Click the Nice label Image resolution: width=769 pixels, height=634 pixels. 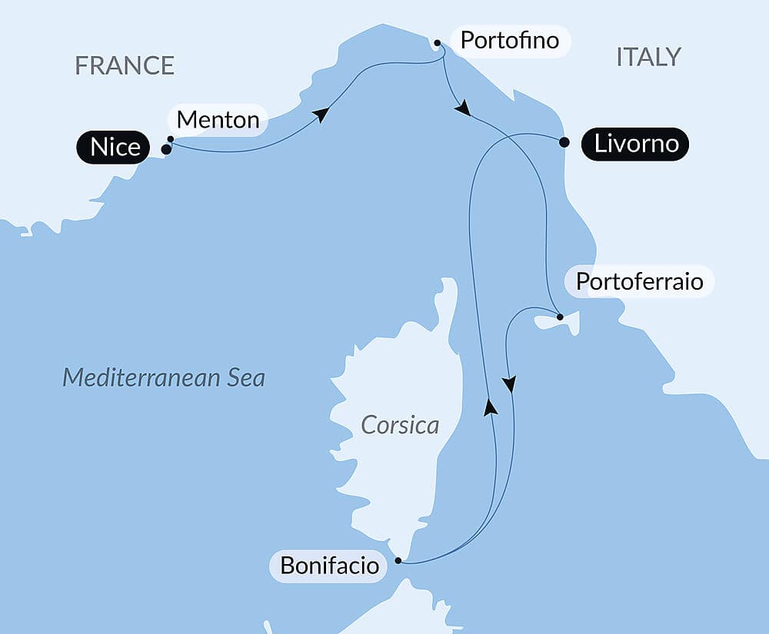click(115, 146)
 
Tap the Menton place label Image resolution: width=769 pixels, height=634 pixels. click(218, 120)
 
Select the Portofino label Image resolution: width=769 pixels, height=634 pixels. click(509, 40)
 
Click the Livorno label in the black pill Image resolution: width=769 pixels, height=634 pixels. click(635, 144)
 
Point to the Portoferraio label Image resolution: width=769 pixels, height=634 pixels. click(639, 281)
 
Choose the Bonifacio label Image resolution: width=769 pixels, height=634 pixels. click(330, 566)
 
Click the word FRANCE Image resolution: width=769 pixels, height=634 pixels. click(125, 65)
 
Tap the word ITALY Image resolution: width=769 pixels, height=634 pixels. click(648, 57)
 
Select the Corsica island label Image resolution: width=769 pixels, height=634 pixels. click(400, 425)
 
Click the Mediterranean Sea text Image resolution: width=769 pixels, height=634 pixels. click(164, 377)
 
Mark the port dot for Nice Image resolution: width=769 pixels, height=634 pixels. click(166, 149)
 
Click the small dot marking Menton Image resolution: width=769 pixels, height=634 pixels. click(170, 139)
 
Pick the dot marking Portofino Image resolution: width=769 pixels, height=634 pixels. click(437, 43)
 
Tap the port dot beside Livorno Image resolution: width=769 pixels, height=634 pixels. click(564, 142)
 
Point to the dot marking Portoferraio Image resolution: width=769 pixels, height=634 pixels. click(560, 317)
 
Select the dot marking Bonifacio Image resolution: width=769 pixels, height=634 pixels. click(398, 561)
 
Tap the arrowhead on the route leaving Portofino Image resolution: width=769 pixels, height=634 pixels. click(462, 109)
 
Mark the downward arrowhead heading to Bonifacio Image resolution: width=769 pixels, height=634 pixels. click(508, 383)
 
